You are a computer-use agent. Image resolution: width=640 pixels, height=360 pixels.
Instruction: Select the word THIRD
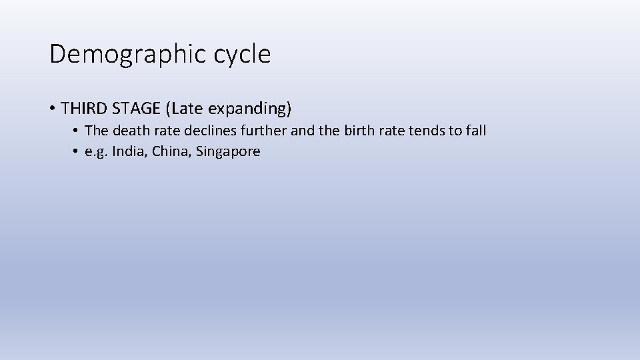tap(85, 107)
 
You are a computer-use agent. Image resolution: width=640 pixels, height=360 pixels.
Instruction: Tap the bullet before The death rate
tap(77, 131)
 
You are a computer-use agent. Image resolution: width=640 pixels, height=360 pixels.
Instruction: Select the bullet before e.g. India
tap(77, 152)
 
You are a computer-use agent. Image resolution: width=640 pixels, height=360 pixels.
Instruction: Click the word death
tap(127, 131)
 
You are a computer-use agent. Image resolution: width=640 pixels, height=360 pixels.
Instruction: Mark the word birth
tap(360, 131)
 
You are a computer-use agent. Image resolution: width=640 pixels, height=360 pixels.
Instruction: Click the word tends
tap(427, 131)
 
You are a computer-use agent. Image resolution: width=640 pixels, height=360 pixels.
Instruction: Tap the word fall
tap(476, 131)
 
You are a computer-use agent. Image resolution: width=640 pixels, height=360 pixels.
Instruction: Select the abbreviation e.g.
tap(96, 152)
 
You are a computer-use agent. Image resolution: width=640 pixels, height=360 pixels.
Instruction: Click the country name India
tap(129, 151)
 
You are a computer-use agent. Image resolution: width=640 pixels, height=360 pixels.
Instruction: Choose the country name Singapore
tap(229, 152)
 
